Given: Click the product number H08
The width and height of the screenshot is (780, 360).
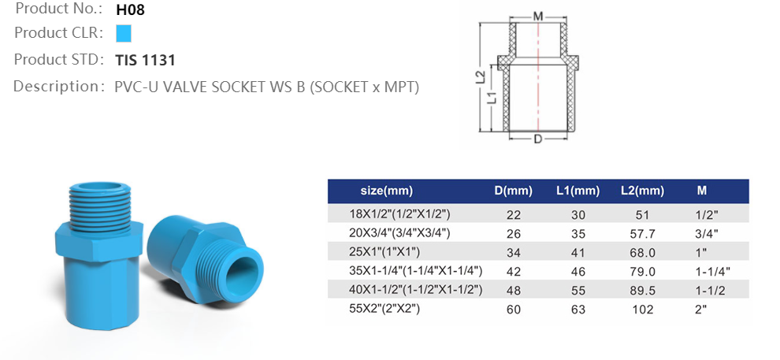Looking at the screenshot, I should [130, 10].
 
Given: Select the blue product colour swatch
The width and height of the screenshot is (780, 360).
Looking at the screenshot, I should [123, 34].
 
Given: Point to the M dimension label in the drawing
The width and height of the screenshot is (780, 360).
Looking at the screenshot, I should [537, 16].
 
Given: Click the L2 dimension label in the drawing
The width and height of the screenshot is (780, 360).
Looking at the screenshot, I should [479, 78].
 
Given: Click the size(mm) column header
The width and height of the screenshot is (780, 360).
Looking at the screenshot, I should [386, 191].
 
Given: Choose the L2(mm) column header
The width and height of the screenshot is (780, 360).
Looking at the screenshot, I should [642, 191].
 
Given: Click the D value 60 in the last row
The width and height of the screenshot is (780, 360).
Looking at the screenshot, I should [514, 309].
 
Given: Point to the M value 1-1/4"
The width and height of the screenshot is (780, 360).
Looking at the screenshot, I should [714, 270].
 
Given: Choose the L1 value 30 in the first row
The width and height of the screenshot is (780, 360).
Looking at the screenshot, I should [578, 213].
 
